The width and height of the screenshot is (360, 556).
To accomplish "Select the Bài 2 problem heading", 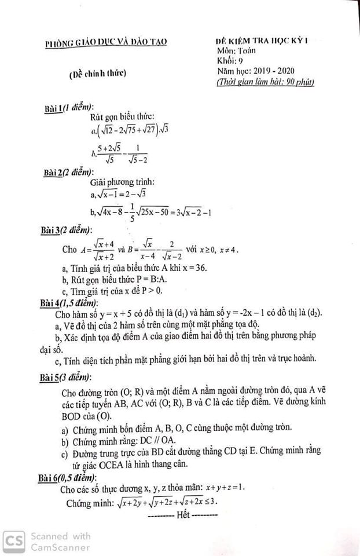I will point(68,172).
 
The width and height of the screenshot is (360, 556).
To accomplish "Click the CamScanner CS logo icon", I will point(13,541).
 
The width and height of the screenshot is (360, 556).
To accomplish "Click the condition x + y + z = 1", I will point(222,488).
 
